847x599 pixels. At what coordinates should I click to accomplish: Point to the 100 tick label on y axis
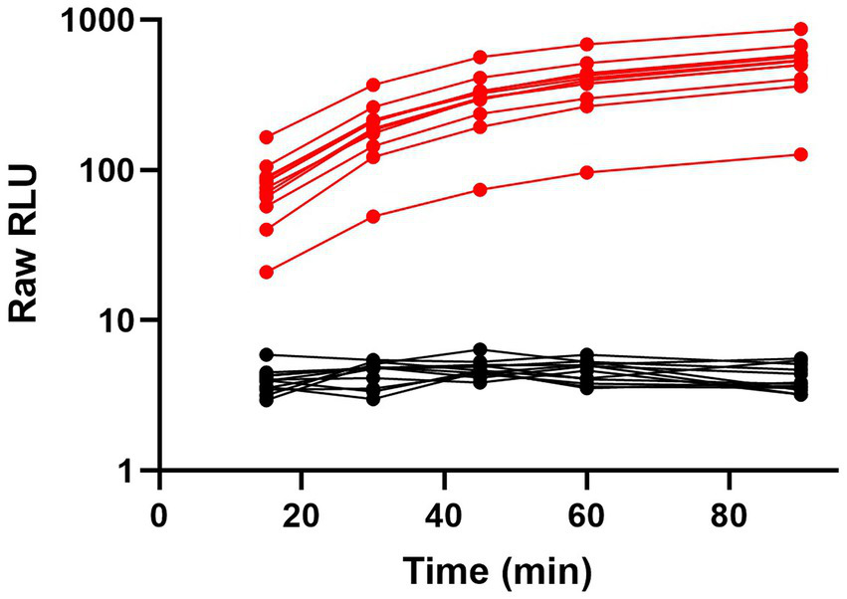pos(113,170)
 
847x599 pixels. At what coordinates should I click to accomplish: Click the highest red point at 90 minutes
pos(800,29)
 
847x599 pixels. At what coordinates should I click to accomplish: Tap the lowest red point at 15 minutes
pos(266,272)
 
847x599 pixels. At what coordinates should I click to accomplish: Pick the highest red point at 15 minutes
pos(266,137)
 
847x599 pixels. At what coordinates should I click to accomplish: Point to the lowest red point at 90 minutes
pos(800,154)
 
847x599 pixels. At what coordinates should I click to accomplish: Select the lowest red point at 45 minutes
pos(480,189)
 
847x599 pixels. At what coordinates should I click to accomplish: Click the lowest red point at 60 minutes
pos(586,172)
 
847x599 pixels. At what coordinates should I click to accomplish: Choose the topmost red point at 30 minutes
pos(373,85)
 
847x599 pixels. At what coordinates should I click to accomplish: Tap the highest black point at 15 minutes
pos(266,354)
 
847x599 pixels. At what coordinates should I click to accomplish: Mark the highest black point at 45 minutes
pos(480,349)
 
